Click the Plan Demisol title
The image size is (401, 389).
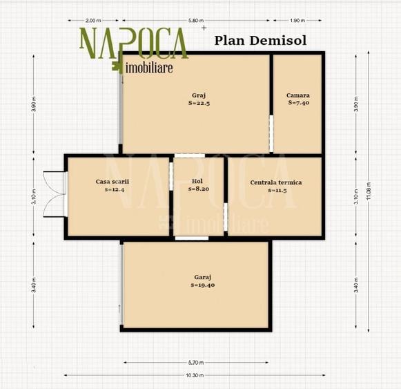pos(260,41)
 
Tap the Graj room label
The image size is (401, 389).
pos(199,95)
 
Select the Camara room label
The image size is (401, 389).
pos(298,95)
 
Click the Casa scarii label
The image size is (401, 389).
pos(113,182)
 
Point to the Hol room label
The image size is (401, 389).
pos(197,181)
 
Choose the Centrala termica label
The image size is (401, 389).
pos(276,182)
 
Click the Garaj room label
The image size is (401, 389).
pos(203,277)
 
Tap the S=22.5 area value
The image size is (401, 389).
pos(199,103)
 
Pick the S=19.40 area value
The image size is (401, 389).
pos(203,285)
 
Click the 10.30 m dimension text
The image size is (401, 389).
pos(195,375)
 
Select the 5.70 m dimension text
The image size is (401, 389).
pos(196,363)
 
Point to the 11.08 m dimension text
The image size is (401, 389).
pos(369,191)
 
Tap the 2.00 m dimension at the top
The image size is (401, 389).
pos(93,21)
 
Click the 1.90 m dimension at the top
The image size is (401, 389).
pos(297,21)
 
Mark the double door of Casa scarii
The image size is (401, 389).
pos(55,194)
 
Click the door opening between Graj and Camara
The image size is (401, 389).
pos(271,133)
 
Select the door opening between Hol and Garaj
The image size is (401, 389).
pos(192,238)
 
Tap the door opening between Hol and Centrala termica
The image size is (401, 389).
pos(226,217)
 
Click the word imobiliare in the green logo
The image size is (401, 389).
pos(149,68)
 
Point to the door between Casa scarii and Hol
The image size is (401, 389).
pos(171,176)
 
